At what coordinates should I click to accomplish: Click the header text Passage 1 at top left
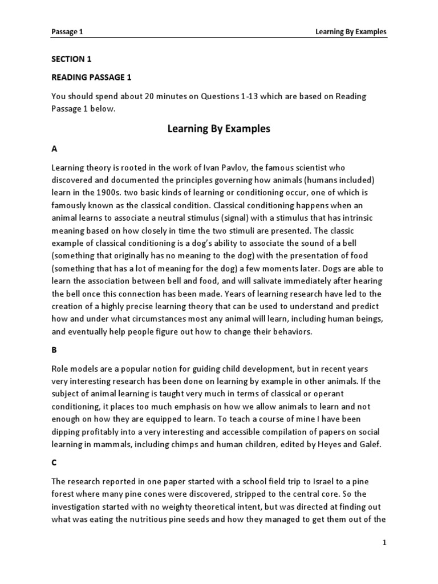[67, 32]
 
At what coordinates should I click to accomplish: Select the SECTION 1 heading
[71, 59]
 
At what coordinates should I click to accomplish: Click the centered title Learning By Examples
[218, 129]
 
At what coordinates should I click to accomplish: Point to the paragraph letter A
[55, 149]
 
